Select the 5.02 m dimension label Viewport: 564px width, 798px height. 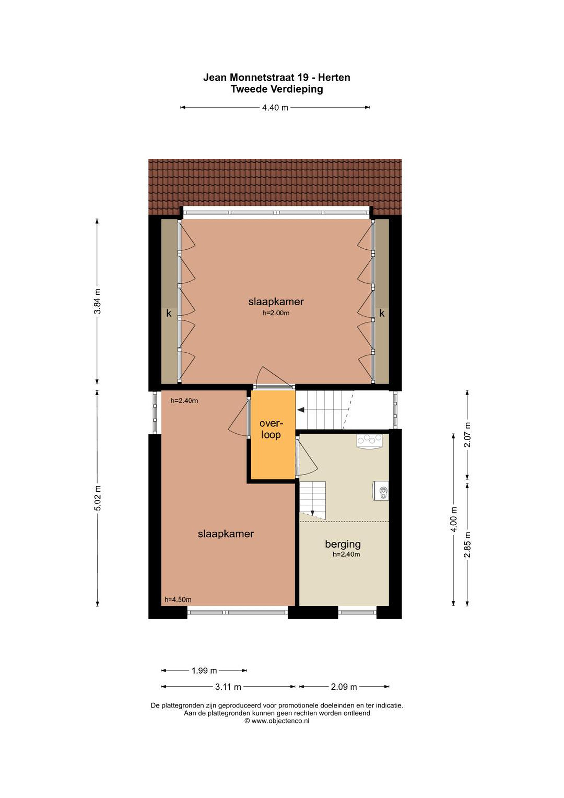pyautogui.click(x=98, y=498)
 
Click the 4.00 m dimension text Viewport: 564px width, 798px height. pyautogui.click(x=453, y=519)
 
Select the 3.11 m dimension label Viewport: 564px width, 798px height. pyautogui.click(x=228, y=687)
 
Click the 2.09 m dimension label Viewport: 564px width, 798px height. pyautogui.click(x=344, y=687)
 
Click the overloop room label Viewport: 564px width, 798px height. pyautogui.click(x=271, y=429)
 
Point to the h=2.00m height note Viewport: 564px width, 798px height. pyautogui.click(x=276, y=313)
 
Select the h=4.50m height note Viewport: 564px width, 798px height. pyautogui.click(x=178, y=600)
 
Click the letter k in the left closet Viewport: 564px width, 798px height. pyautogui.click(x=169, y=313)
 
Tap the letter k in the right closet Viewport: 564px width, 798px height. pyautogui.click(x=382, y=313)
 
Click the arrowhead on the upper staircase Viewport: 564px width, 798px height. pyautogui.click(x=301, y=410)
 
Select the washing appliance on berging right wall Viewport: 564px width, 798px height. pyautogui.click(x=381, y=490)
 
